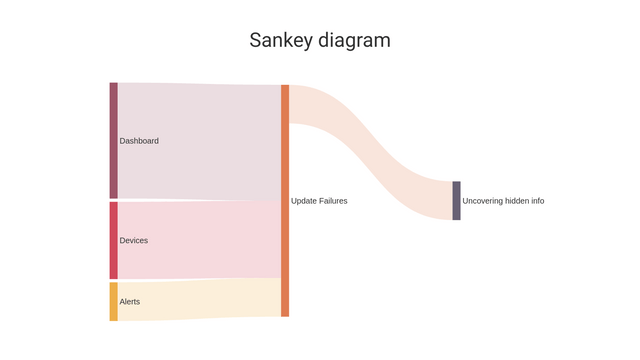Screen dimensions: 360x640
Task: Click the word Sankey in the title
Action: tap(281, 41)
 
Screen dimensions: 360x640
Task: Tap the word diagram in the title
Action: tap(354, 41)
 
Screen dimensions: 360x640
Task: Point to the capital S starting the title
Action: tap(255, 41)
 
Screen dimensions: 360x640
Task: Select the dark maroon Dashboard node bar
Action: tap(113, 140)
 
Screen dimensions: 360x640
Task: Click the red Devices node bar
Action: tap(113, 240)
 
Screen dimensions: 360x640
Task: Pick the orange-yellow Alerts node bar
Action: tap(113, 301)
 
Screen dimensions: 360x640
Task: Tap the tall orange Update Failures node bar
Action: tap(285, 200)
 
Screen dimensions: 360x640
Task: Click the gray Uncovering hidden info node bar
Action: tap(456, 200)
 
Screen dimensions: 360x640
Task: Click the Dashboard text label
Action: tap(139, 141)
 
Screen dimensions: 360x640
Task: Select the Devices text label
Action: tap(134, 241)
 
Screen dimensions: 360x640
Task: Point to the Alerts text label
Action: tap(130, 302)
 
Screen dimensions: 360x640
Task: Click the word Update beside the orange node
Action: tap(303, 201)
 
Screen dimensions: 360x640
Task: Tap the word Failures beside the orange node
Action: tap(333, 201)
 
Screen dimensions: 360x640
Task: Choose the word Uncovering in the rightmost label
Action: tap(482, 201)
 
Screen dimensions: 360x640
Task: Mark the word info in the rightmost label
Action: tap(537, 201)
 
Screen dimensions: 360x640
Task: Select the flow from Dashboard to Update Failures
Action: tap(200, 141)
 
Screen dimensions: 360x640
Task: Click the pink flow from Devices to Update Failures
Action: tap(200, 240)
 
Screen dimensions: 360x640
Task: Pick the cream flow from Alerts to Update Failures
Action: tap(200, 299)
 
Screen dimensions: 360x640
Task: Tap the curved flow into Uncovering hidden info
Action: tap(370, 150)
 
